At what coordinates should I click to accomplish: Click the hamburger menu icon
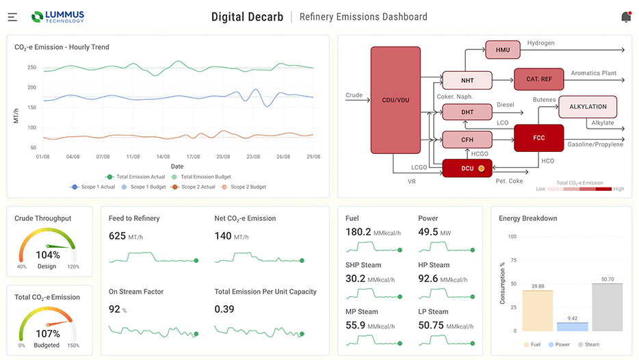tap(13, 17)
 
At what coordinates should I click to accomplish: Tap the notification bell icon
tap(625, 17)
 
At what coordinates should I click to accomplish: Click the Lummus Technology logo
tap(57, 16)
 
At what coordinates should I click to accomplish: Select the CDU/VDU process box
tap(395, 100)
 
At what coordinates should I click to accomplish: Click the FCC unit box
tap(538, 138)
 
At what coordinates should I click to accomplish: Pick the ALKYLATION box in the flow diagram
tap(588, 107)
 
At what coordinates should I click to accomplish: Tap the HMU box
tap(502, 49)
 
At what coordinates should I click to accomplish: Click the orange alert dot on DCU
tap(481, 168)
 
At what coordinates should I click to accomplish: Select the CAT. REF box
tap(538, 79)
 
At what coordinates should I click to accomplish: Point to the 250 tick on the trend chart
tap(31, 67)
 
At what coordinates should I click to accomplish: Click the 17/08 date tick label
tap(193, 157)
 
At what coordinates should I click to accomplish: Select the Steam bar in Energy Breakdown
tap(608, 307)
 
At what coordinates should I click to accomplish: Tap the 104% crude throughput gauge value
tap(47, 255)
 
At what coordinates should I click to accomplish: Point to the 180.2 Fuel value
tap(358, 232)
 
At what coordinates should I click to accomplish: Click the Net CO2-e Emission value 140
tap(223, 236)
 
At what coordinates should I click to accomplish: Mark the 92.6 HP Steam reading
tap(428, 279)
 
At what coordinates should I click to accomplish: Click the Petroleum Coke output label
tap(510, 181)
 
